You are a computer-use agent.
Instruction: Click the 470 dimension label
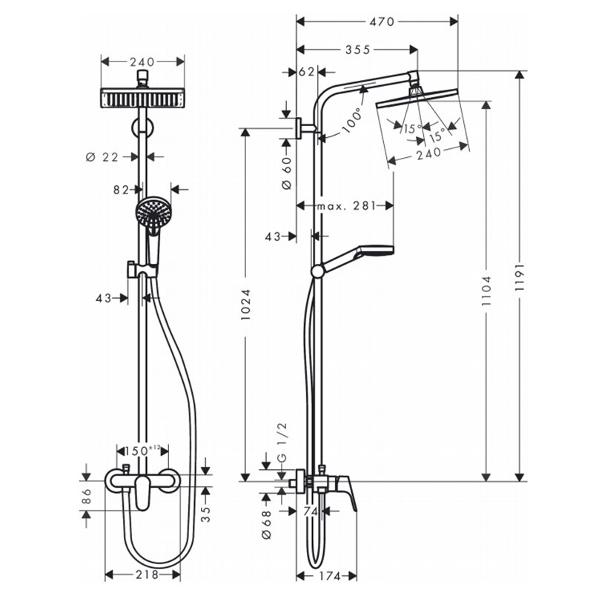pos(382,22)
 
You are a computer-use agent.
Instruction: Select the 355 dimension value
pos(358,50)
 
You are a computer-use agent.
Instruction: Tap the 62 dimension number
pos(307,71)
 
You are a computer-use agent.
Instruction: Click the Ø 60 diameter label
pos(287,173)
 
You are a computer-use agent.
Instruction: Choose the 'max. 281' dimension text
pos(346,206)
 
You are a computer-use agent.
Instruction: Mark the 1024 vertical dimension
pos(246,305)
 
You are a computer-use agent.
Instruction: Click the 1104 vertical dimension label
pos(486,291)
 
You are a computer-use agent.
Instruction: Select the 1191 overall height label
pos(520,277)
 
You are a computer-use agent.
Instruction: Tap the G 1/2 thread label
pos(282,442)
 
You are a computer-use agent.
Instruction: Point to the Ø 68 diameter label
pos(267,525)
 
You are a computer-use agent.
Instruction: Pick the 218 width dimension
pos(146,575)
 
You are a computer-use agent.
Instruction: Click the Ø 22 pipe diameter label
pos(102,156)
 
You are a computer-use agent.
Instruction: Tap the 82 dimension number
pos(122,190)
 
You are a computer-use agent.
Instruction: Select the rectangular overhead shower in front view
pos(142,98)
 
